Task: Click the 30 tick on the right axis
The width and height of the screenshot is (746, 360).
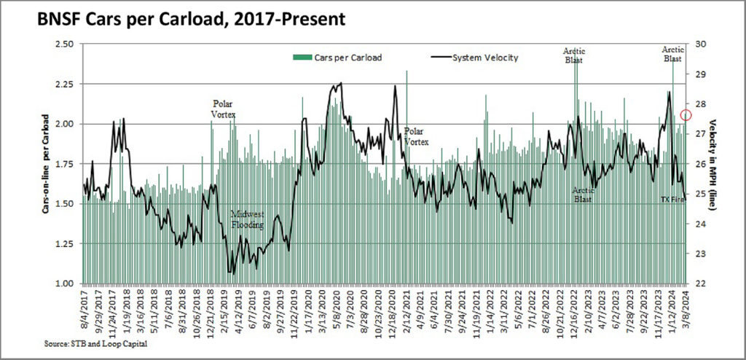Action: pos(703,44)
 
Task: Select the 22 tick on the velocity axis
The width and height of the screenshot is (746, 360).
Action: pos(703,283)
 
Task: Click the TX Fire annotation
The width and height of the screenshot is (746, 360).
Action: pos(672,199)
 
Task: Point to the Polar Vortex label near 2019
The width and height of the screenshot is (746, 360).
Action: pos(224,109)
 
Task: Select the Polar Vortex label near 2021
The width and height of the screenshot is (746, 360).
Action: pos(417,136)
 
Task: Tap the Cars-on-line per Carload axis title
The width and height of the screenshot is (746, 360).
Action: pos(45,163)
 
